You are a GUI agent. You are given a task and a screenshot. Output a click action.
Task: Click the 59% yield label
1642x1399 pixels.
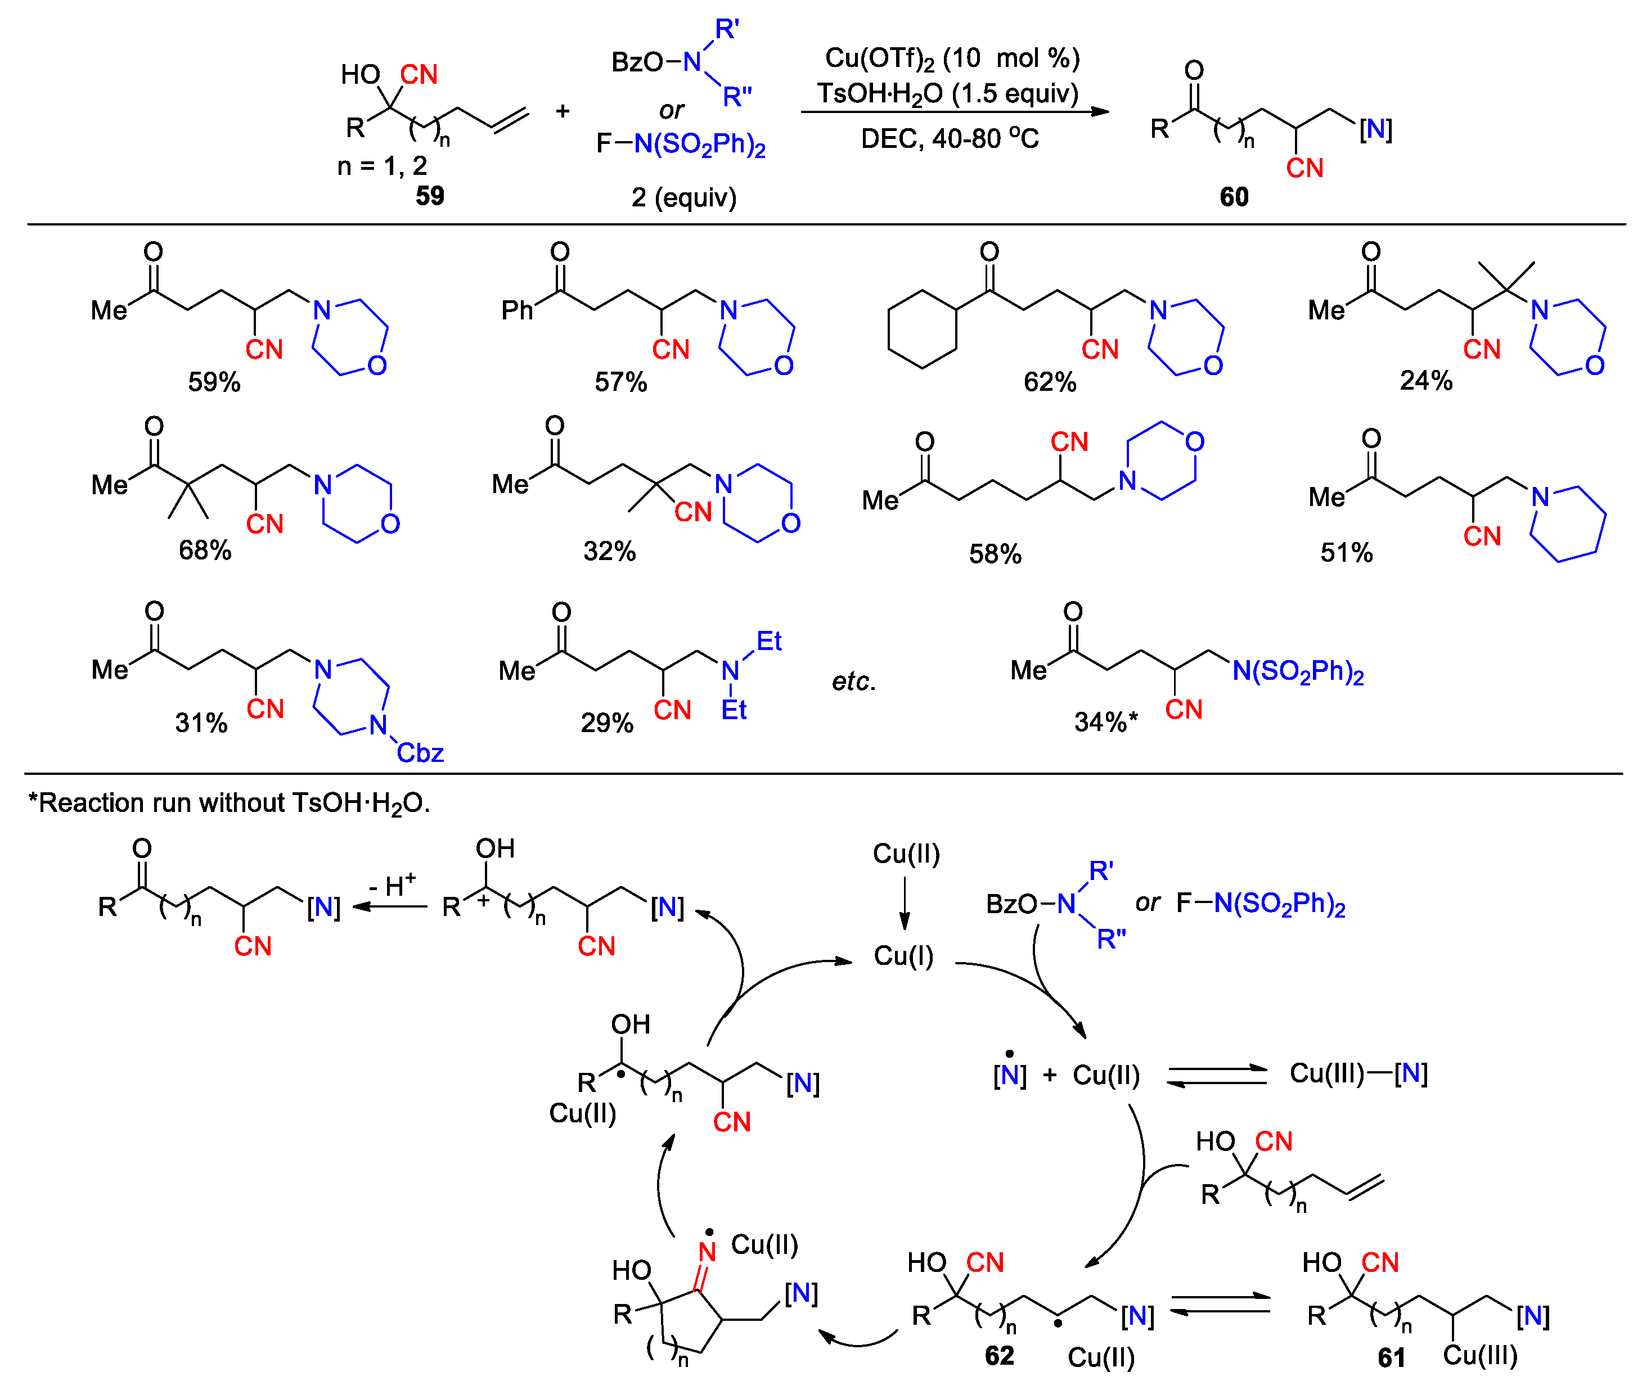214,382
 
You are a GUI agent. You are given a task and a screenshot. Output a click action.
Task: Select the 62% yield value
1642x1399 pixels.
1049,382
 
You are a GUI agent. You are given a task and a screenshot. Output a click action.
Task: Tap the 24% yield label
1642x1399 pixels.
1425,380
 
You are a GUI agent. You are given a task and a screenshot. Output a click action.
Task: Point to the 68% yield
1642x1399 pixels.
204,550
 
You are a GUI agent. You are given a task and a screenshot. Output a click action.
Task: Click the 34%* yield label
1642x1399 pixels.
1105,721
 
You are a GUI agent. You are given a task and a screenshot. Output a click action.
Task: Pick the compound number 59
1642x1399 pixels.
430,196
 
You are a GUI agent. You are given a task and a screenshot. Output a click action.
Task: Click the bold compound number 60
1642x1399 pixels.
1234,196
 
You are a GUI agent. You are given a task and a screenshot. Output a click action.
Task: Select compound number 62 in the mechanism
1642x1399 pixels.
998,1356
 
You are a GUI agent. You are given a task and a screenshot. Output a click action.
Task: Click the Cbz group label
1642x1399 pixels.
420,752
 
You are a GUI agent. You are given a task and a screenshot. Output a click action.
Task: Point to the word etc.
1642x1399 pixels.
853,682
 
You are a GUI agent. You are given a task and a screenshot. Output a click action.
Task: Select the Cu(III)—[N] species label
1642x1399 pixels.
1358,1073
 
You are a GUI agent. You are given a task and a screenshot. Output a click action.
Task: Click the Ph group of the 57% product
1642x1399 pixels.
517,310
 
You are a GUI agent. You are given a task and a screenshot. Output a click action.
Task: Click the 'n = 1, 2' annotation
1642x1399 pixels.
382,165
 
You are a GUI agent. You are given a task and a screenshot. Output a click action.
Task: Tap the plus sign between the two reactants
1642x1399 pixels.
562,111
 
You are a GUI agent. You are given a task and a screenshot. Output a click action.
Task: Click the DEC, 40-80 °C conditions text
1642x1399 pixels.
950,139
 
